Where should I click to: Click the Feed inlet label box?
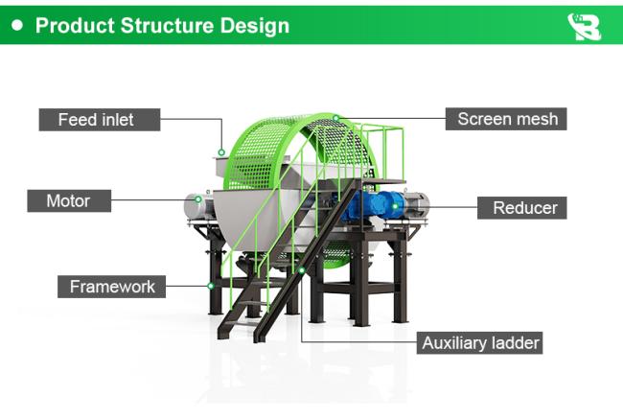pos(100,120)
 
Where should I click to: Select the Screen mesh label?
pos(506,119)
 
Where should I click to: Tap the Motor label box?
pos(69,200)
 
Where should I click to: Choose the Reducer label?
pos(522,207)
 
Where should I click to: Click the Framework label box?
pos(111,287)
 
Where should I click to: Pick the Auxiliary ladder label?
pos(479,342)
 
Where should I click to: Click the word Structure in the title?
pos(168,26)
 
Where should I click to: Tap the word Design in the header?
pos(255,26)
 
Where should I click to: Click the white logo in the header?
pos(584,27)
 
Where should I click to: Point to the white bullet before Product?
pos(17,26)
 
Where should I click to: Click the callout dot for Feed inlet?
pos(221,152)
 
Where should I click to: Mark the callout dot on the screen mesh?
pos(336,118)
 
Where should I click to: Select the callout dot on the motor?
pos(197,199)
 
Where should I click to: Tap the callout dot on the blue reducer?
pos(395,206)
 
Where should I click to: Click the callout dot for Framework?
pos(211,286)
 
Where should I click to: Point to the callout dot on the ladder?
pos(302,270)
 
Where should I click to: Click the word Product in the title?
pos(75,26)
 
